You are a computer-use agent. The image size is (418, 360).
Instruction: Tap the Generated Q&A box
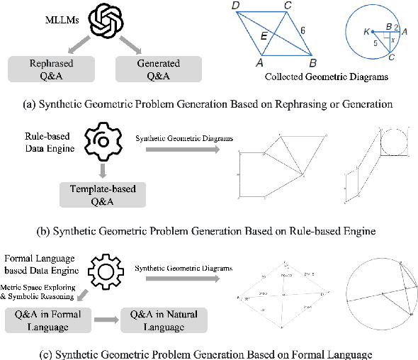tap(159, 69)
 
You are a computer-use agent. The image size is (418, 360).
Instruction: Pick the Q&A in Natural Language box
tap(165, 320)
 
